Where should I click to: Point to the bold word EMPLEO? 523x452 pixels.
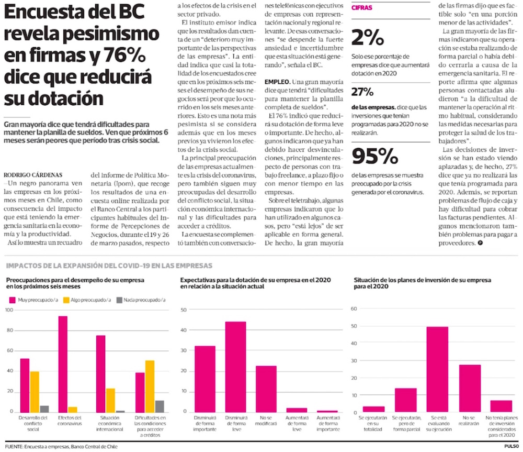click(278, 82)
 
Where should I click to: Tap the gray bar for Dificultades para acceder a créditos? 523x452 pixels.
click(160, 406)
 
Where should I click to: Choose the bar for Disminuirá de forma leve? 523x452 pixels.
click(236, 366)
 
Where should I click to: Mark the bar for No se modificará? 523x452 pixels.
click(266, 388)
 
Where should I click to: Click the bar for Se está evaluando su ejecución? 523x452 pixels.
click(437, 369)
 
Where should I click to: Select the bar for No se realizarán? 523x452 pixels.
click(470, 388)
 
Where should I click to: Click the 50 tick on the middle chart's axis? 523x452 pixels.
click(184, 310)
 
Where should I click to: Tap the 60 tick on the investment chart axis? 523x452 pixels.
click(354, 308)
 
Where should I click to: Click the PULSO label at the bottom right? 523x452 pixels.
click(511, 446)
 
